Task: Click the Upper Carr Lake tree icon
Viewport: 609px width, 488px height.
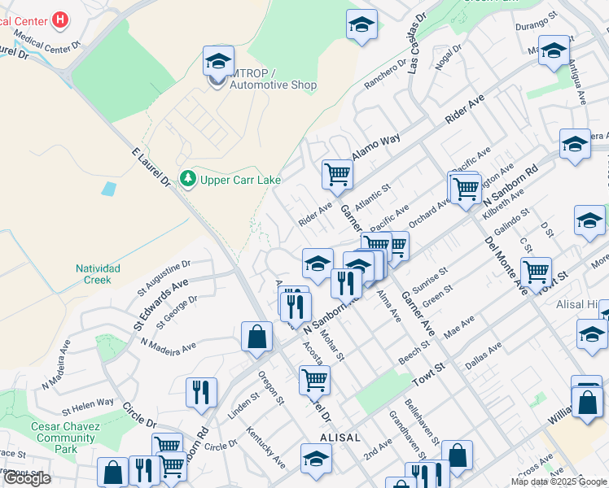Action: (x=189, y=177)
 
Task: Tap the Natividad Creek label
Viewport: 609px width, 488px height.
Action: (x=98, y=274)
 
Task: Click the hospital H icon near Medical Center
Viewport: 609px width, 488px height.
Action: (x=59, y=19)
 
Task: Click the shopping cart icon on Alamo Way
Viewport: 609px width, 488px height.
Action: (x=337, y=172)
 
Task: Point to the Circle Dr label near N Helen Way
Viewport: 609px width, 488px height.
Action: (x=138, y=414)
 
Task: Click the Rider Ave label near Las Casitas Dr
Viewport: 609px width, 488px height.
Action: (x=464, y=108)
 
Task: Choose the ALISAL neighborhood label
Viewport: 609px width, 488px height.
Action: (x=340, y=437)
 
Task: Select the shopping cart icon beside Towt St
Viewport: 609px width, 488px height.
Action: (x=536, y=272)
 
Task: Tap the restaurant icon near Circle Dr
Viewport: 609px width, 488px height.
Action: (x=201, y=392)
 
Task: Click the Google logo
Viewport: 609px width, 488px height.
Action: (x=27, y=478)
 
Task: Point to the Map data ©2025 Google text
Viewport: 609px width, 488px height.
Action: (x=557, y=481)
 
